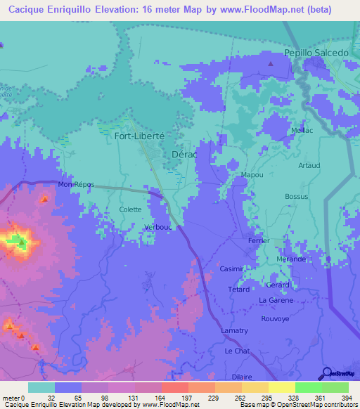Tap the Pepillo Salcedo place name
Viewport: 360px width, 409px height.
(316, 53)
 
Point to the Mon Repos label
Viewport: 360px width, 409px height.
(76, 184)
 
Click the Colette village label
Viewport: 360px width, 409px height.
(131, 209)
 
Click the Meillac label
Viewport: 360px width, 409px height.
(302, 131)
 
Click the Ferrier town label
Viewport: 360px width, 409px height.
(259, 240)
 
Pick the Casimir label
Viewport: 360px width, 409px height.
(231, 269)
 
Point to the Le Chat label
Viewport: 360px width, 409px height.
(237, 350)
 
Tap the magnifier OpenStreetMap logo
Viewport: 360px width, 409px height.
(328, 372)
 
